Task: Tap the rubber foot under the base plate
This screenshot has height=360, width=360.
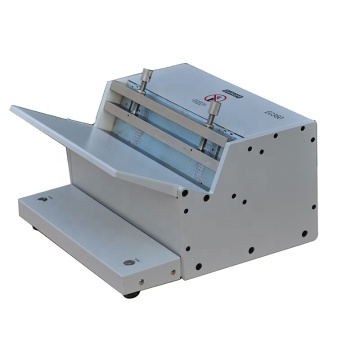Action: pos(132,294)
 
